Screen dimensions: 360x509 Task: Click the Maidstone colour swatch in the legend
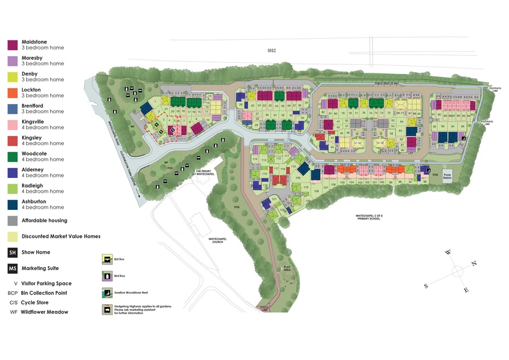click(12, 45)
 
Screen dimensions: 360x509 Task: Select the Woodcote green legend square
click(12, 156)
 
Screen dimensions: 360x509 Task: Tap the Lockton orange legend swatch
click(12, 93)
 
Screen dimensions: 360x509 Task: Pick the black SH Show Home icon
click(12, 253)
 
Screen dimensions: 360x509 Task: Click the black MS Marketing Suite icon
click(12, 268)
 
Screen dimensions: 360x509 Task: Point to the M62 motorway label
click(272, 51)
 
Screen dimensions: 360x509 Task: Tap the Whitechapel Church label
click(218, 241)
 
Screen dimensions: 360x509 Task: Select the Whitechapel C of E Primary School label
click(370, 217)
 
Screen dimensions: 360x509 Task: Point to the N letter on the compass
click(474, 263)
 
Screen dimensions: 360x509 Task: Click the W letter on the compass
click(448, 252)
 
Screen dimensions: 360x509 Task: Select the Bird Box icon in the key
click(106, 276)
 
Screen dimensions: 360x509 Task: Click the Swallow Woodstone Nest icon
click(106, 292)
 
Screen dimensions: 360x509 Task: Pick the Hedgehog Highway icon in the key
click(106, 309)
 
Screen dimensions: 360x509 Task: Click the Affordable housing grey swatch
click(12, 221)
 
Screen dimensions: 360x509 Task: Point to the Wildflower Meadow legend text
click(44, 312)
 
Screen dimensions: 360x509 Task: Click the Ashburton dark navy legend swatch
click(12, 204)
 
